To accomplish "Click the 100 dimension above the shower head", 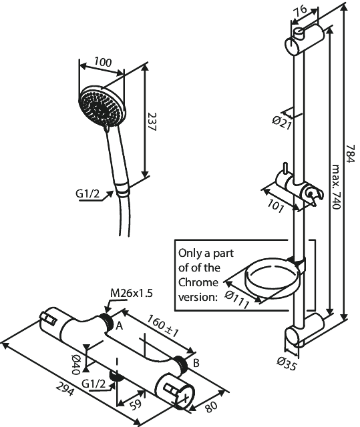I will (x=102, y=62).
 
